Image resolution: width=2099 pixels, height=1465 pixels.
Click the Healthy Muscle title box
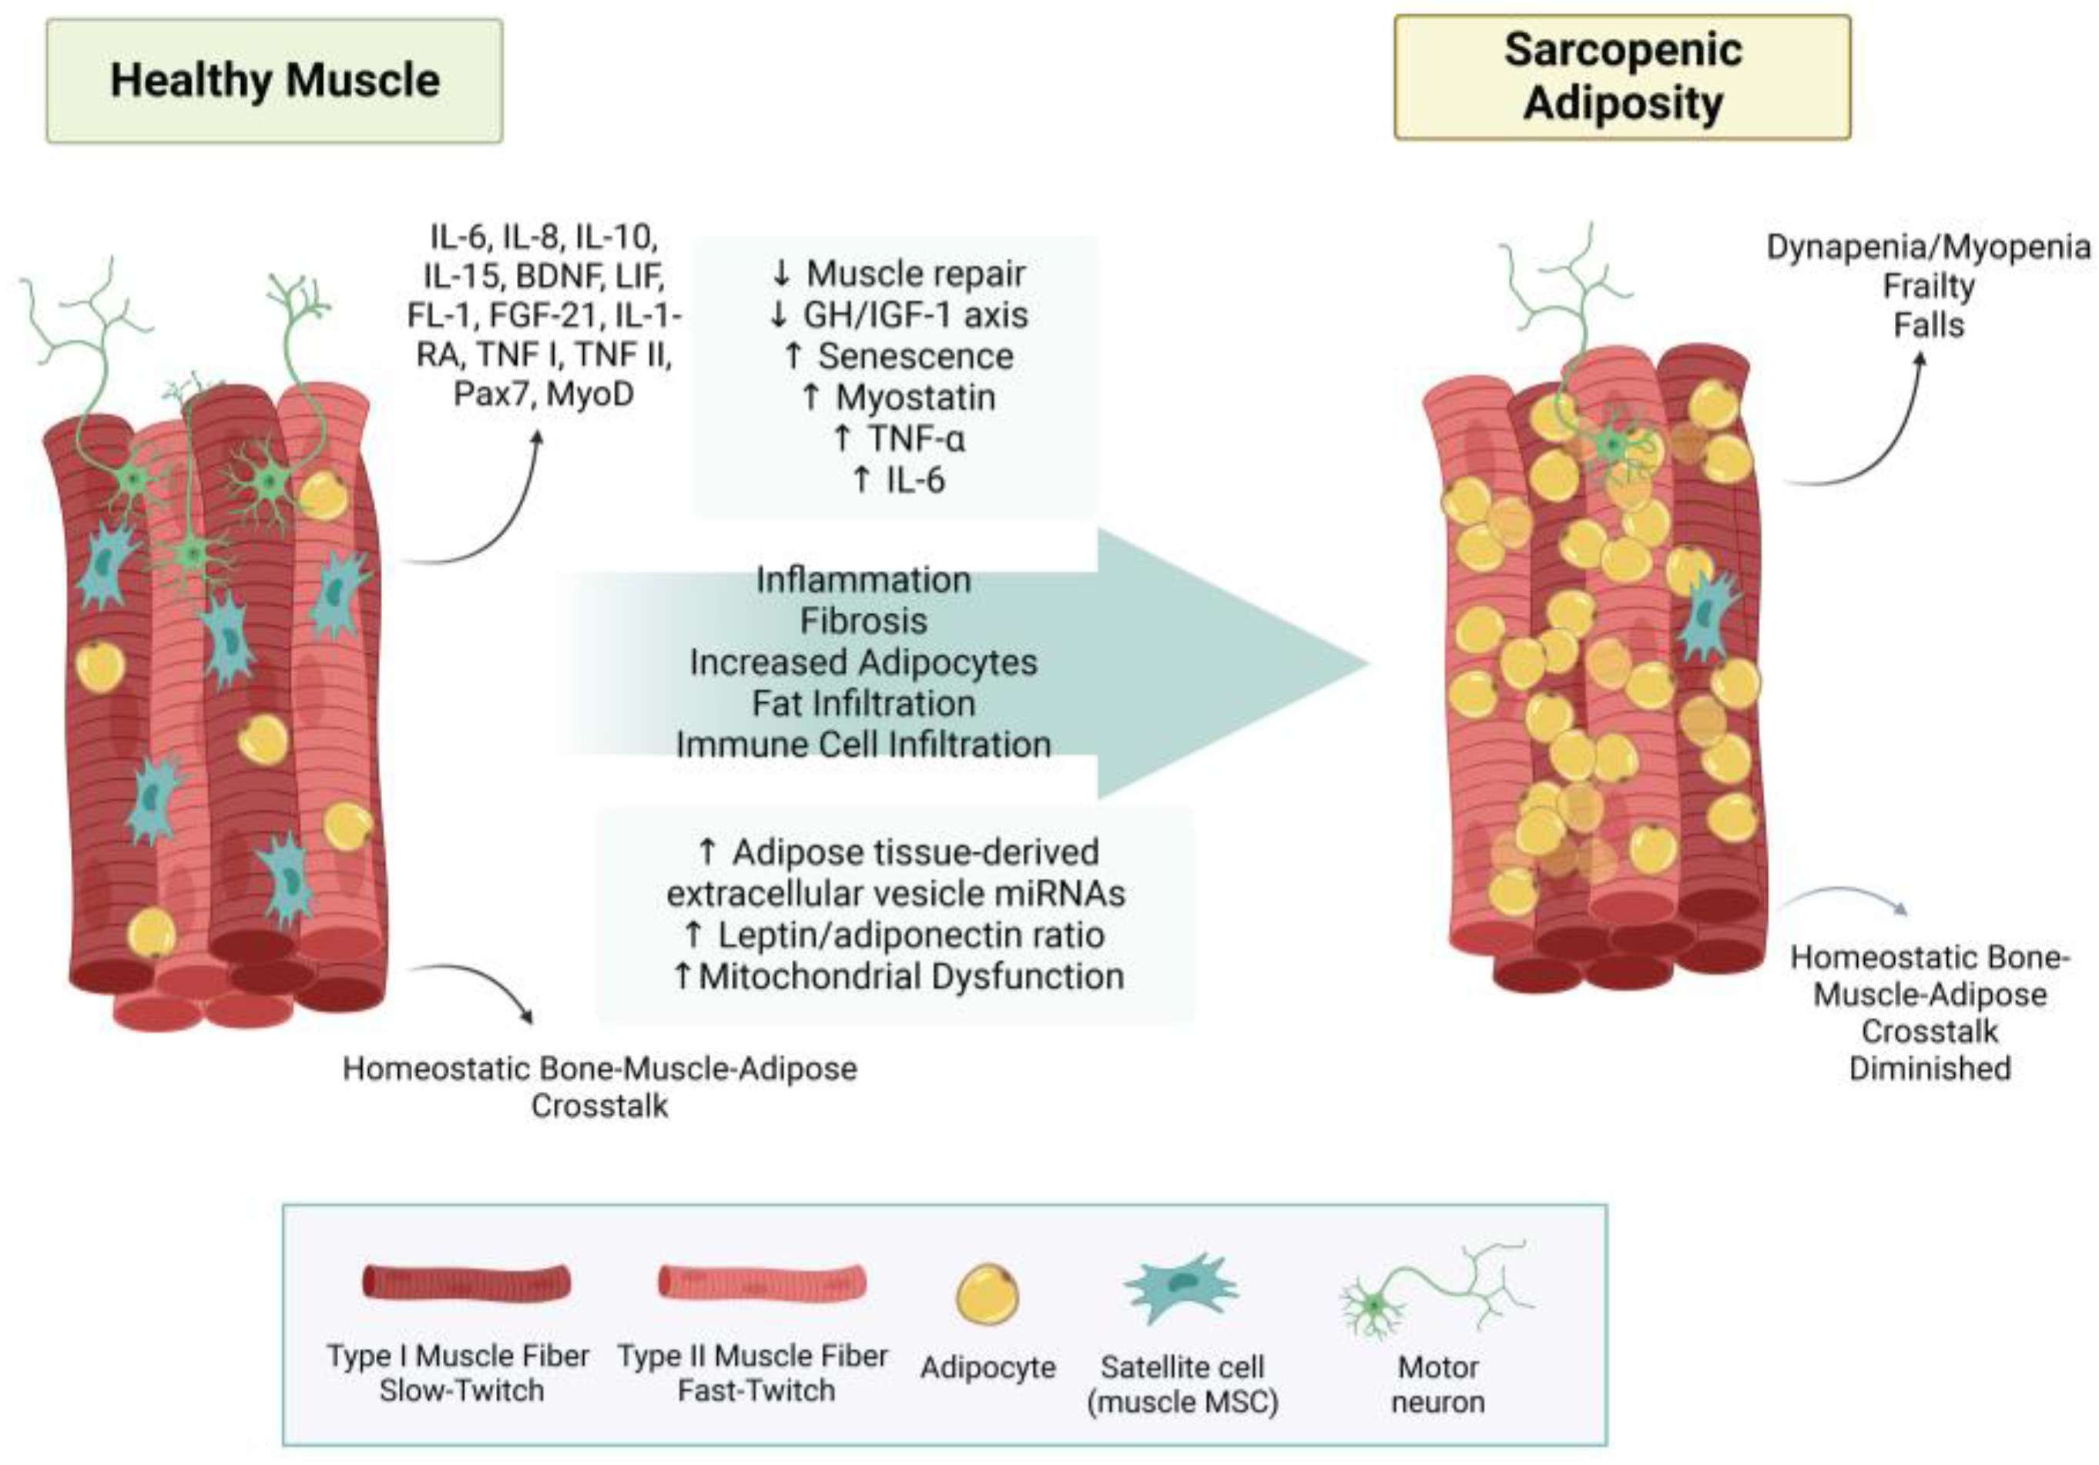274,80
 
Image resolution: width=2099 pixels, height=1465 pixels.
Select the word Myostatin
915,398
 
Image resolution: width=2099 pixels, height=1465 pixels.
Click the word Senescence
915,357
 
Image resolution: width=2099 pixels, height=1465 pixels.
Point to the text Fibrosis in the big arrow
863,621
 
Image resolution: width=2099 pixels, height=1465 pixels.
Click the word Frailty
1928,286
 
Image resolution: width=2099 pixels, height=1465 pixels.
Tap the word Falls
1928,325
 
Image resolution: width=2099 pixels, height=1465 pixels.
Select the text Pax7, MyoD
543,394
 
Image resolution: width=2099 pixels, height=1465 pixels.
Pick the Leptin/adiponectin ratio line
910,935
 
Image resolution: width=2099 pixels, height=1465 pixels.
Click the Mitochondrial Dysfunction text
910,976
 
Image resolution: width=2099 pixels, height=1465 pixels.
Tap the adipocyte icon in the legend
987,1293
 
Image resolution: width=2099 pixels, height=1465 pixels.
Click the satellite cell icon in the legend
1181,1288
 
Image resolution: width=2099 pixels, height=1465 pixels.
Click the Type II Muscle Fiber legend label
752,1372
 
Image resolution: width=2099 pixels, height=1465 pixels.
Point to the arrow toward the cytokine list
494,521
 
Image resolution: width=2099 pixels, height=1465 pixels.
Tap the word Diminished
1929,1068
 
